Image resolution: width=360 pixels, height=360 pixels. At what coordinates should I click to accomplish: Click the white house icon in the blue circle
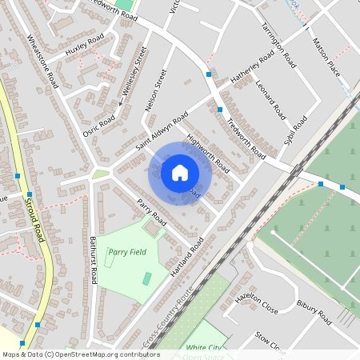point(180,172)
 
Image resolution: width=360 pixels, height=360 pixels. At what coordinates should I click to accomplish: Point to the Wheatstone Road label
point(42,59)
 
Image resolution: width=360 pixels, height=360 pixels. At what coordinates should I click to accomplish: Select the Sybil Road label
point(295,126)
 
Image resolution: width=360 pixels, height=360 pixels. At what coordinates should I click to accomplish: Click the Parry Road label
point(151,211)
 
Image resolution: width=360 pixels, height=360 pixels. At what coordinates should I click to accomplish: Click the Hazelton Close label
point(256,302)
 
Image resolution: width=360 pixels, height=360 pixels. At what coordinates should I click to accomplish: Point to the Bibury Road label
point(313,312)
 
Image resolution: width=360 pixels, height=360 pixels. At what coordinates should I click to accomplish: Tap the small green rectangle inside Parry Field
point(146,278)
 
